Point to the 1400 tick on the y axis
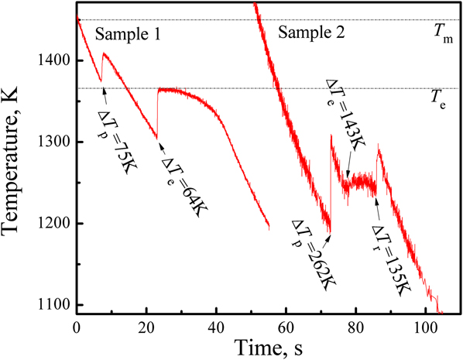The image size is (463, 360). click(x=56, y=60)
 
